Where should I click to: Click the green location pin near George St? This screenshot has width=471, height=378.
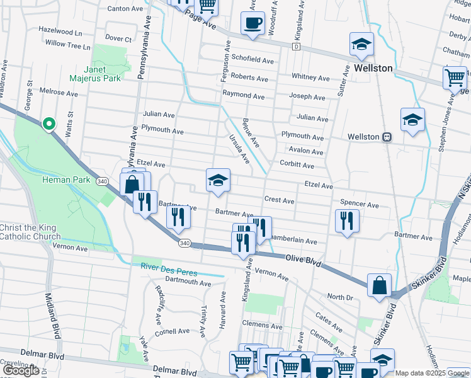point(48,123)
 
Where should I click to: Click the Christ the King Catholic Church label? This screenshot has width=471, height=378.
point(28,232)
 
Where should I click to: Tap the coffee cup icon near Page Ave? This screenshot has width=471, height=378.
point(253,23)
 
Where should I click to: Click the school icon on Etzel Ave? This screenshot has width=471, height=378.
point(218,181)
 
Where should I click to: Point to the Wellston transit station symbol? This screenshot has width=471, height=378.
point(387,137)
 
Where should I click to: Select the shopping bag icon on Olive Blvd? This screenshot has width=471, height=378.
point(379,285)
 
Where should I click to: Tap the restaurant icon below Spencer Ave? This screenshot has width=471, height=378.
point(346,220)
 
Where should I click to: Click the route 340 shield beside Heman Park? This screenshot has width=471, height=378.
point(102,181)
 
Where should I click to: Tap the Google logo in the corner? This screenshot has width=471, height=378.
point(21,370)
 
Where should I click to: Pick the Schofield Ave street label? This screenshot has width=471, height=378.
point(253,61)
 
